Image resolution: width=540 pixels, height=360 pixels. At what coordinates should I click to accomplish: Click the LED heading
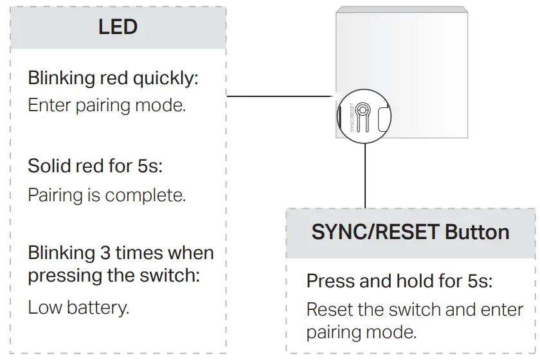tap(118, 28)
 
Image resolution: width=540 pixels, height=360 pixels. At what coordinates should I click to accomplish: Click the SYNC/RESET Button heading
tap(410, 231)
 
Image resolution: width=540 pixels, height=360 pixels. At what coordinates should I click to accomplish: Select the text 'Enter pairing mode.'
tap(107, 105)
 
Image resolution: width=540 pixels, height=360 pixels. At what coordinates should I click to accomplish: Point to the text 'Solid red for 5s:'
tap(95, 166)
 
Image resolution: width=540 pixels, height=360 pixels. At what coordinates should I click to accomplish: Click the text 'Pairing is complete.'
tap(107, 194)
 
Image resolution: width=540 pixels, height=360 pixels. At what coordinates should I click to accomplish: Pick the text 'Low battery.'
tap(78, 307)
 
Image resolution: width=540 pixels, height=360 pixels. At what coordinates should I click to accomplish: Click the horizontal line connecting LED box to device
tap(280, 96)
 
